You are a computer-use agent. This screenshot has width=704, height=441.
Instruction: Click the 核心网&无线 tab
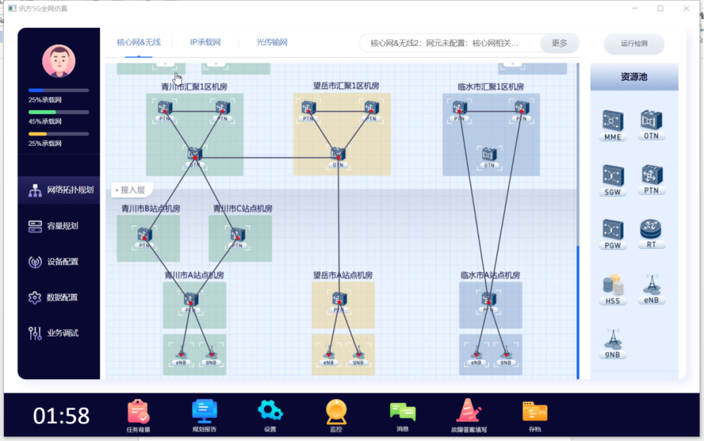click(x=138, y=42)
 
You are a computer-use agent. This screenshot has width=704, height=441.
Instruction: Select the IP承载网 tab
click(x=205, y=42)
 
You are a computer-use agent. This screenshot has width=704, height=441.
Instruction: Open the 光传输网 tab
click(x=272, y=42)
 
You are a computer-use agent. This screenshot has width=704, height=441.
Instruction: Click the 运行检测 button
click(x=634, y=44)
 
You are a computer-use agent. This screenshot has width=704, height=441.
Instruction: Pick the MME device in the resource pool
click(x=613, y=122)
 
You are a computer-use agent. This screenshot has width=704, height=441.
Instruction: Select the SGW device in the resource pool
click(x=613, y=177)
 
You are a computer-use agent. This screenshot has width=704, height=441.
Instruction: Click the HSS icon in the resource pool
click(x=613, y=286)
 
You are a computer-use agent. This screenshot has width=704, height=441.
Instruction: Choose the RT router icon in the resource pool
click(x=651, y=230)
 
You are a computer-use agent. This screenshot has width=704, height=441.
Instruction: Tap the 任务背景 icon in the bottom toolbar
click(x=138, y=412)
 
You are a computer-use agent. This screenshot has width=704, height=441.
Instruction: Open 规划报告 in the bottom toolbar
click(x=204, y=412)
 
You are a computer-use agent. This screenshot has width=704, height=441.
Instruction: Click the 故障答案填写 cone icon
click(x=469, y=412)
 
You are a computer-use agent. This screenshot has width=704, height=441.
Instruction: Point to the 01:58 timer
click(x=61, y=416)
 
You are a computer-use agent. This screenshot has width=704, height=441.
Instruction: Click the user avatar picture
click(x=59, y=61)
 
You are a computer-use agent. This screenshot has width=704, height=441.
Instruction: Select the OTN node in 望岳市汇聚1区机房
click(x=337, y=154)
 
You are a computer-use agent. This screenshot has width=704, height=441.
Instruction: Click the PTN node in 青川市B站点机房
click(x=145, y=235)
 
